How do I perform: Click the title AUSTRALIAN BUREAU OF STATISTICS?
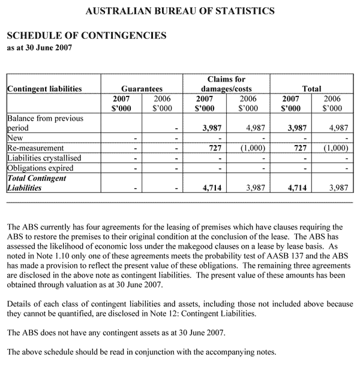[181, 10]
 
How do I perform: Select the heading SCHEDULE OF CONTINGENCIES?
[86, 35]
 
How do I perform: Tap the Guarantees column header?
[142, 89]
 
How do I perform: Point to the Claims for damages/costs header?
[226, 84]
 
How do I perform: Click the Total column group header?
[311, 89]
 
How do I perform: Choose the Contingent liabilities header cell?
[44, 89]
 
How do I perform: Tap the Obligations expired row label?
[41, 167]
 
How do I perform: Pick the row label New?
[16, 137]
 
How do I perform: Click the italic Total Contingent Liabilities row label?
[37, 183]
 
